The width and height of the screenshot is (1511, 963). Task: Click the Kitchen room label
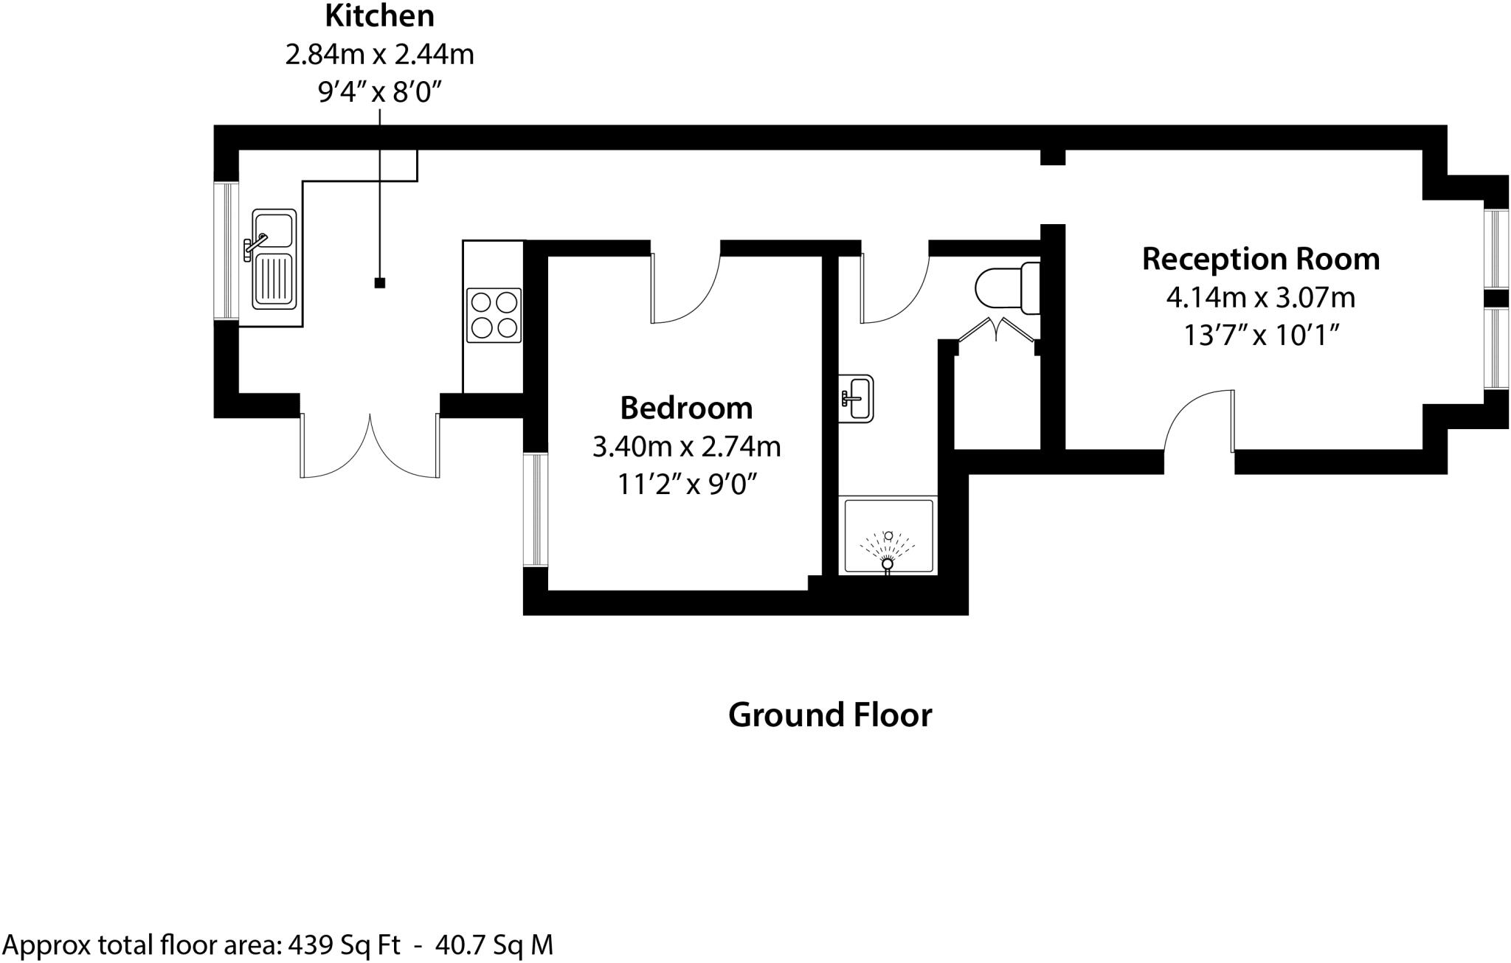pos(380,15)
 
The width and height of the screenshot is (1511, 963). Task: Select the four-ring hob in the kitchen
pos(494,315)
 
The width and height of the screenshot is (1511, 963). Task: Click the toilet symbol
pos(1008,288)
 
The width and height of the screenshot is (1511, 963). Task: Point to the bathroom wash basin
pos(857,397)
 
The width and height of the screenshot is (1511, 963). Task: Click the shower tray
pos(888,536)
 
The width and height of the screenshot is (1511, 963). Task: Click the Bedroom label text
pos(686,408)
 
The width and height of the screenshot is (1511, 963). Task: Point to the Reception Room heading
pos(1260,259)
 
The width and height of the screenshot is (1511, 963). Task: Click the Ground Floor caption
pos(829,715)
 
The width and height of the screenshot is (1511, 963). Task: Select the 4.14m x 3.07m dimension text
pos(1260,298)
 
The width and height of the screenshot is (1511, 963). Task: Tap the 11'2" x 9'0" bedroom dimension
pos(686,484)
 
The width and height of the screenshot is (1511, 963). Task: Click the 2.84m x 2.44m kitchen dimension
pos(380,55)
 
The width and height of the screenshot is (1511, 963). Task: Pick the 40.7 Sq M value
pos(494,945)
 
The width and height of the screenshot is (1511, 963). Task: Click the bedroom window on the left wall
pos(536,510)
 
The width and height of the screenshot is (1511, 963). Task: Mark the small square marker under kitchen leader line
pos(380,282)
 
